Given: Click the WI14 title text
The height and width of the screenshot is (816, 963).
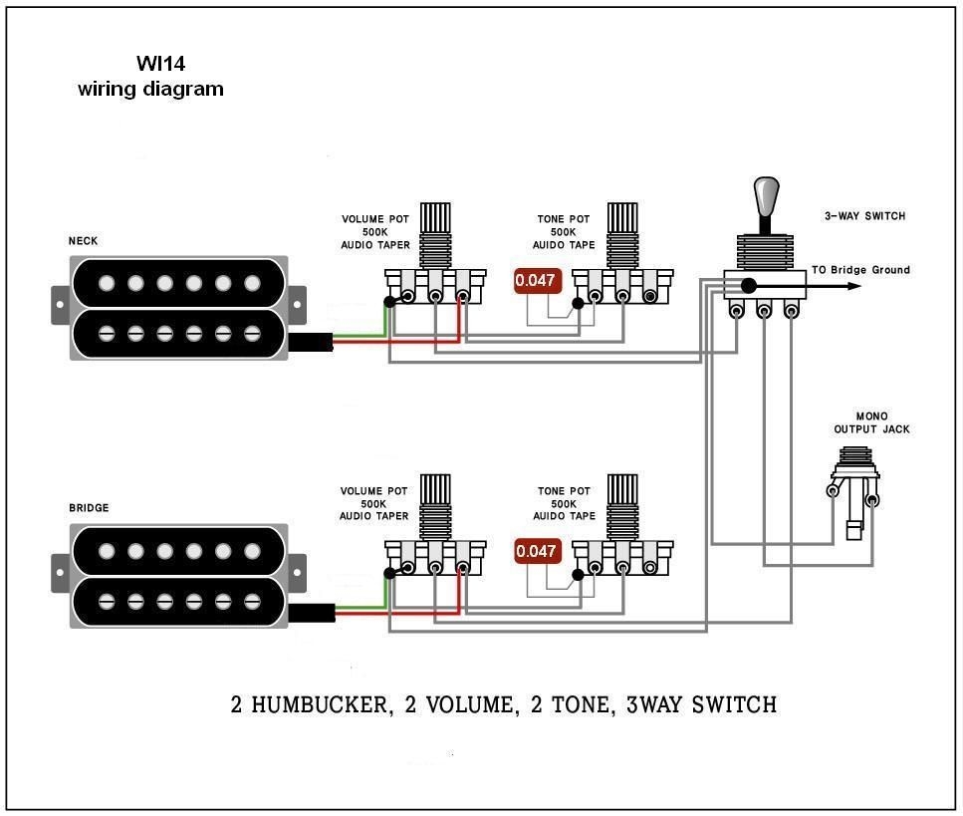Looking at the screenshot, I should [160, 64].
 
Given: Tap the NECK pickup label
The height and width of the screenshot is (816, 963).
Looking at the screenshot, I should [83, 241].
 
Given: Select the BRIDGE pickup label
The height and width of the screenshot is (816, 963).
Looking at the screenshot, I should [89, 508].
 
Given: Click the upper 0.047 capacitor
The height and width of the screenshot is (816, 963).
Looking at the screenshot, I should [535, 281].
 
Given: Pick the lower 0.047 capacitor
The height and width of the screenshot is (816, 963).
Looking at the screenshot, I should [535, 551].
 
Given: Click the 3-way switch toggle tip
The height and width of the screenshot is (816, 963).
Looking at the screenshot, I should [765, 193].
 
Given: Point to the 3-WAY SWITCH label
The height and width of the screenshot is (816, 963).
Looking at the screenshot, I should [864, 216].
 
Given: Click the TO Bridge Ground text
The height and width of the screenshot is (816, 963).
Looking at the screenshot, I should [859, 270].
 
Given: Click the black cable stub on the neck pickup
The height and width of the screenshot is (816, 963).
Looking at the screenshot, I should [311, 344].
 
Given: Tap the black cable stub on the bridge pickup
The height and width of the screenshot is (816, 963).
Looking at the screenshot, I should [311, 614].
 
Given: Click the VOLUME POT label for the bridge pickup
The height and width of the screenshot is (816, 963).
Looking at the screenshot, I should [374, 503].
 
